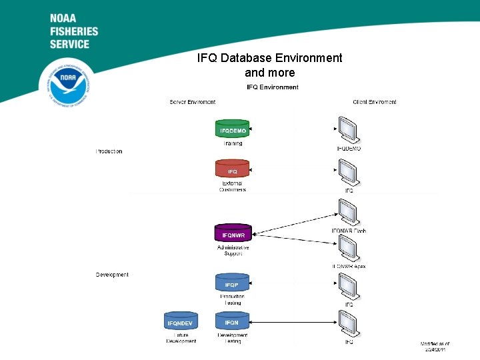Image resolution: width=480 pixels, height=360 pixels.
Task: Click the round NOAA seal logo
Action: click(67, 83)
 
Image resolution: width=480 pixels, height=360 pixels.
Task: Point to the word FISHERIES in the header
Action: click(73, 31)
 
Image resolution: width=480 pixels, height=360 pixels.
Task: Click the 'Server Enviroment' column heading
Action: click(193, 102)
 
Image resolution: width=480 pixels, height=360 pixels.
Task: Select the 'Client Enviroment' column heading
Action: click(374, 102)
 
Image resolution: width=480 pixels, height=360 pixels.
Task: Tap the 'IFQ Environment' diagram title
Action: click(273, 87)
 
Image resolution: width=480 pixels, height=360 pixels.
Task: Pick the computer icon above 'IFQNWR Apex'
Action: click(349, 249)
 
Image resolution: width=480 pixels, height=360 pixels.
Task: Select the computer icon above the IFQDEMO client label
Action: click(349, 130)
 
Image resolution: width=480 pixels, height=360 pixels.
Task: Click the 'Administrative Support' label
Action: click(233, 251)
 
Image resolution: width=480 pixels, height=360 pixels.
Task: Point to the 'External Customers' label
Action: click(233, 186)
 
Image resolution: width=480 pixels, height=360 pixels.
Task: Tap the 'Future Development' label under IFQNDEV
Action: click(181, 338)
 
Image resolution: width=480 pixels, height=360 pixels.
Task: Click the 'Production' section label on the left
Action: click(109, 151)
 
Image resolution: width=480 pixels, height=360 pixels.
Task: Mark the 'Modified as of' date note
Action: click(435, 346)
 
